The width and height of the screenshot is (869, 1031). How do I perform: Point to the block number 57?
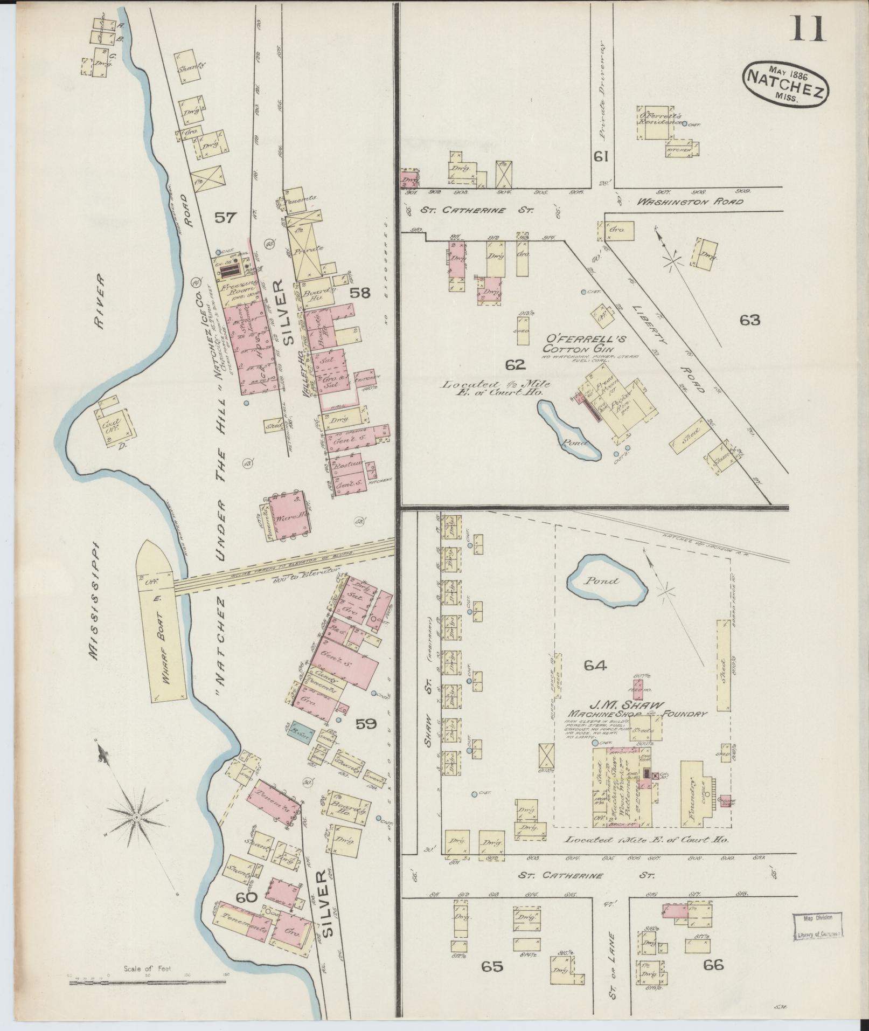pyautogui.click(x=225, y=217)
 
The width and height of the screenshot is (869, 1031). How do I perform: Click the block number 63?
pyautogui.click(x=749, y=320)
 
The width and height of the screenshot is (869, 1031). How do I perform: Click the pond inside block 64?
pyautogui.click(x=608, y=583)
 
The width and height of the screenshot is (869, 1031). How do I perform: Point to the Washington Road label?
pyautogui.click(x=690, y=202)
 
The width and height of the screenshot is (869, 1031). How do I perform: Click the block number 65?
pyautogui.click(x=492, y=966)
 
